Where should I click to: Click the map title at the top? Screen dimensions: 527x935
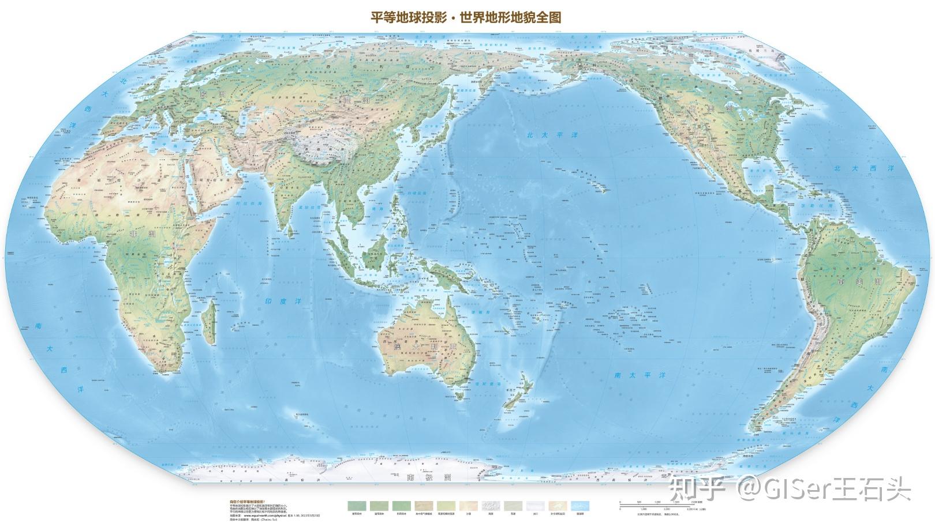click(466, 17)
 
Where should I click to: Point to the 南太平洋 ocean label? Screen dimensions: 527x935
click(639, 375)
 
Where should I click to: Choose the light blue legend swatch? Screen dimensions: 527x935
click(580, 506)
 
